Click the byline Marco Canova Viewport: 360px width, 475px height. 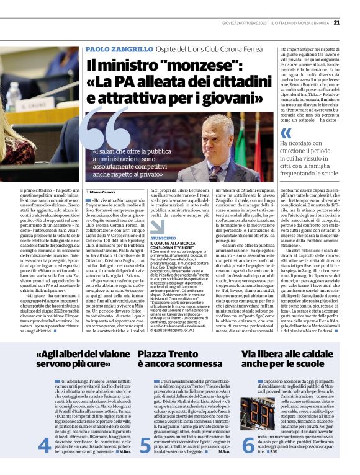106,193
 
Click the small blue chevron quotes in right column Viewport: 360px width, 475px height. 286,133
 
